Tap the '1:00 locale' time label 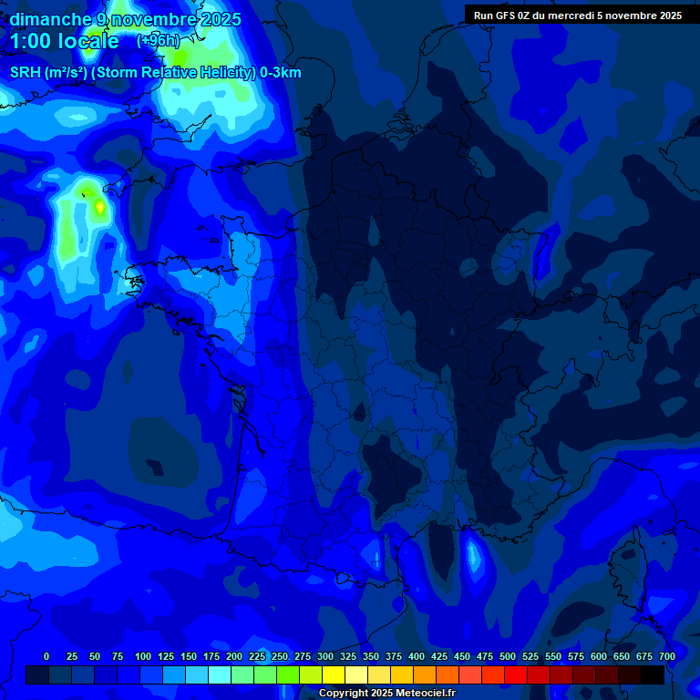tap(65, 41)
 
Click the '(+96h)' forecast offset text tap(158, 41)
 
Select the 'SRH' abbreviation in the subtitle tap(26, 73)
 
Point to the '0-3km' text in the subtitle tap(281, 73)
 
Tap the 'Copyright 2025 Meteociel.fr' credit tap(386, 694)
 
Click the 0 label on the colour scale tap(46, 656)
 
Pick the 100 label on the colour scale tap(143, 656)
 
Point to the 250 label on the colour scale tap(280, 656)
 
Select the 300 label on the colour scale tap(325, 656)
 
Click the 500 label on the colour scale tap(508, 656)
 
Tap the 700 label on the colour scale tap(667, 656)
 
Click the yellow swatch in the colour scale tap(334, 674)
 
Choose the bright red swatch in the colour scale tap(516, 674)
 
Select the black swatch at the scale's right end tap(653, 674)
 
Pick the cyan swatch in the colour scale tap(220, 674)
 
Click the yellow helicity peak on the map tap(99, 208)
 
